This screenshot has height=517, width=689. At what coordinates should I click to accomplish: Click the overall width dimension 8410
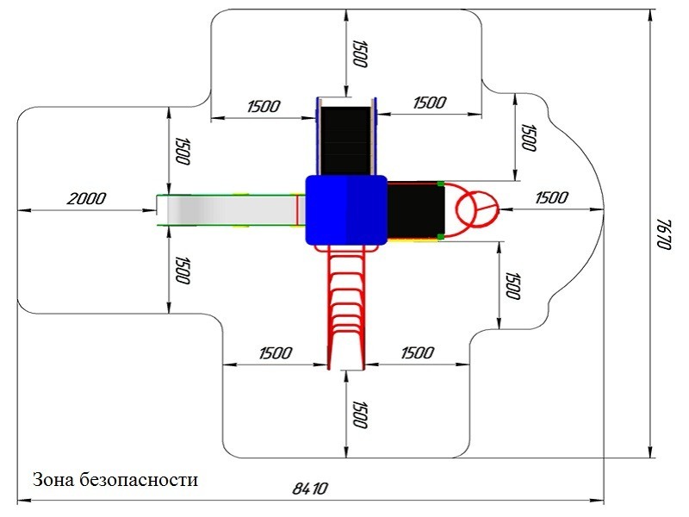pos(311,489)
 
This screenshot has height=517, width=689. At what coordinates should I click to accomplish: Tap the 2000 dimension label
pos(86,198)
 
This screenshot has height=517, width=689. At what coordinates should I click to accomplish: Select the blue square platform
pos(345,209)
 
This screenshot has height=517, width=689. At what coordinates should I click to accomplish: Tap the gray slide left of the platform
pos(228,209)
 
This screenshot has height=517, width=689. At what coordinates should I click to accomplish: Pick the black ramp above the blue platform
pos(346,138)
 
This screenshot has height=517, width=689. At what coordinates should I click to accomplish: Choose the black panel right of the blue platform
pos(415,209)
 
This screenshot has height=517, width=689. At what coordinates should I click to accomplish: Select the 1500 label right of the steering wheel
pos(551,197)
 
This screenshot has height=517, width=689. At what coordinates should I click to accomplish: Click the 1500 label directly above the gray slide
pos(182,151)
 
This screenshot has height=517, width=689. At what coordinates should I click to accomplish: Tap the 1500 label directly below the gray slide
pos(182,270)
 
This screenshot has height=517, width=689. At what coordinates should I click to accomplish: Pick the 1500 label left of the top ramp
pos(263,107)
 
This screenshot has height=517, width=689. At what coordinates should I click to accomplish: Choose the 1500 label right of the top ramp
pos(429,103)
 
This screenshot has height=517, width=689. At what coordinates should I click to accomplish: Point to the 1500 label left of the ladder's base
pos(275,353)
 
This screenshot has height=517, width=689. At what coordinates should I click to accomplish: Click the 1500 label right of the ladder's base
pos(416,353)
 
